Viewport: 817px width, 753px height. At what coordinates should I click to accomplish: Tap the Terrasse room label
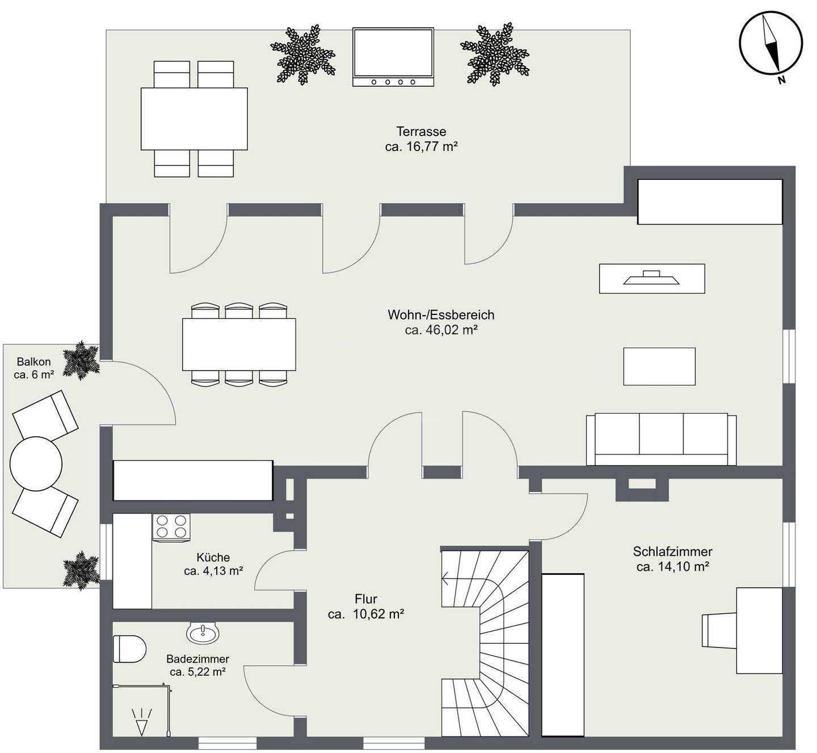click(421, 132)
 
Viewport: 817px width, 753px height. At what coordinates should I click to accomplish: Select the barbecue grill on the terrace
click(393, 57)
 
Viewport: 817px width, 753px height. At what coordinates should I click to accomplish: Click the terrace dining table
click(194, 119)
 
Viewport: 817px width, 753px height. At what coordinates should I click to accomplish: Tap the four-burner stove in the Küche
click(171, 527)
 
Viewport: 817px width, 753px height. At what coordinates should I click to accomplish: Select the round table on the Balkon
click(36, 464)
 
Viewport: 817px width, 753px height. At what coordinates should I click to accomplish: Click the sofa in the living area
click(661, 439)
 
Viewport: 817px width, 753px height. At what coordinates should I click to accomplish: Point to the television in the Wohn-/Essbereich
click(652, 279)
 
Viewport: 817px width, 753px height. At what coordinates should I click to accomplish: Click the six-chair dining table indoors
click(239, 344)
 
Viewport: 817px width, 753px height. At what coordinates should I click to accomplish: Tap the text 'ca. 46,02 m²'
click(441, 330)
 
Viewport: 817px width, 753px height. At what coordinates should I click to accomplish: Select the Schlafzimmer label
click(672, 552)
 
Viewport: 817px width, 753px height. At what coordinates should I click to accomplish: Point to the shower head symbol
click(141, 721)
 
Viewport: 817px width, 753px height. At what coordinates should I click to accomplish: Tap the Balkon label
click(34, 361)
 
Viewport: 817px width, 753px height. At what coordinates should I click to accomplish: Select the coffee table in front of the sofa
click(659, 367)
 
